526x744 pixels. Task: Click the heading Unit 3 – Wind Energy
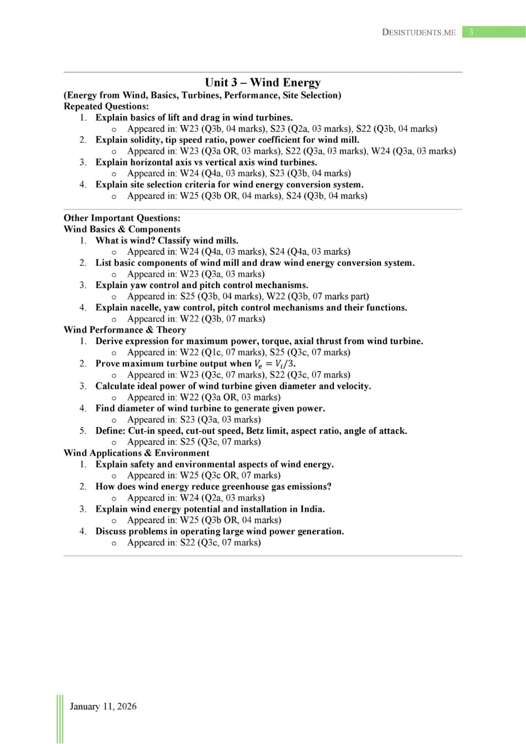tap(263, 83)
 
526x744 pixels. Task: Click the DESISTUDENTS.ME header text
tap(419, 32)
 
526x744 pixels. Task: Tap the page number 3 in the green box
tap(471, 32)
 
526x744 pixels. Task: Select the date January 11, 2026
tap(103, 706)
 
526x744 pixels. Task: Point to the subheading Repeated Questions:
tap(106, 106)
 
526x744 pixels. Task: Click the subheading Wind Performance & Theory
tap(124, 330)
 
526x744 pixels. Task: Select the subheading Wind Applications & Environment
tap(136, 453)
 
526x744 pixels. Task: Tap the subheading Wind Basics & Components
tap(122, 229)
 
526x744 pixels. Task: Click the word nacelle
tap(146, 307)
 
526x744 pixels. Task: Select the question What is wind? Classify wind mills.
tap(167, 240)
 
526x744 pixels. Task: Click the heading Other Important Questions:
tap(122, 218)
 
